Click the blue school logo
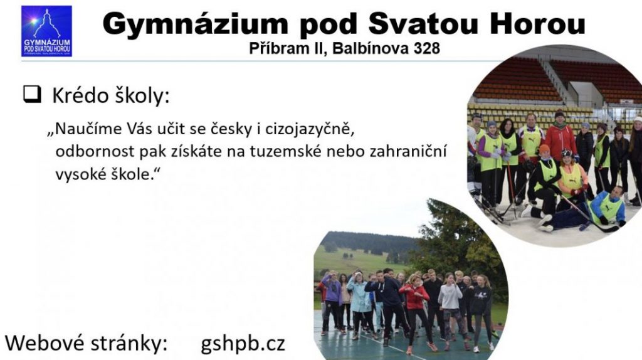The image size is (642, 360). pos(46,31)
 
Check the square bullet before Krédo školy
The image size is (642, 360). pos(33,94)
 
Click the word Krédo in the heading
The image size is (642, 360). pos(80,96)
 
